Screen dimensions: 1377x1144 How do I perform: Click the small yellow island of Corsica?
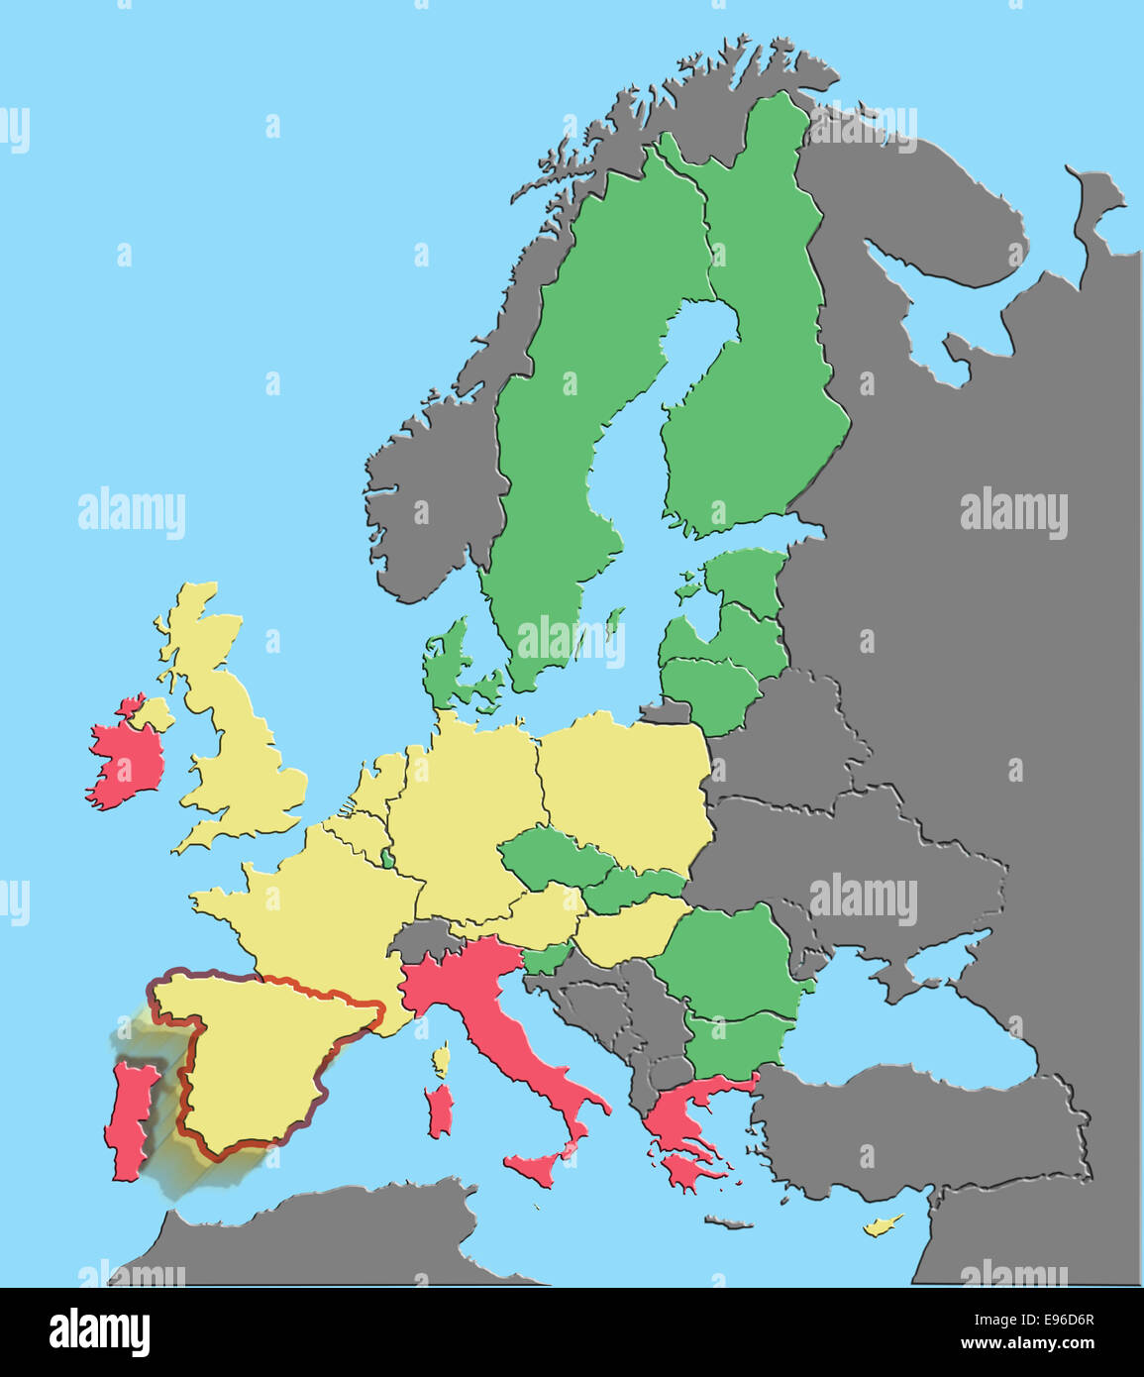pos(440,1061)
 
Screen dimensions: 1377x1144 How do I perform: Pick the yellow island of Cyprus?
pos(881,1226)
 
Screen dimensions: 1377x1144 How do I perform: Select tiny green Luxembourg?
pos(386,857)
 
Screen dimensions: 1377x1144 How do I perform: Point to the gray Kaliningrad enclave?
pos(664,711)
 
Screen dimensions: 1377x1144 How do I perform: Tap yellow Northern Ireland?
pos(152,712)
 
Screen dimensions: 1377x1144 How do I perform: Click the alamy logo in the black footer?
pos(99,1331)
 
